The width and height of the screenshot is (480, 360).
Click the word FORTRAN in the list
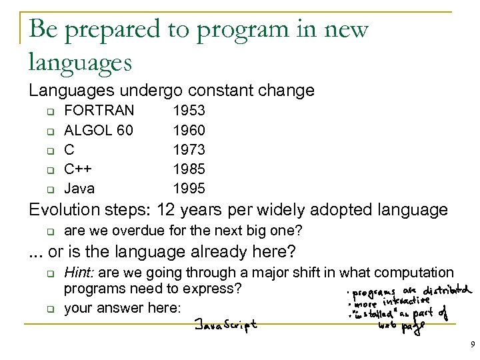pyautogui.click(x=99, y=109)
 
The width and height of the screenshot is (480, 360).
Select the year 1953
pyautogui.click(x=189, y=109)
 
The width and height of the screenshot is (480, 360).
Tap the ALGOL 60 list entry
pyautogui.click(x=97, y=129)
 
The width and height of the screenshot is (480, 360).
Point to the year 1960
pyautogui.click(x=189, y=129)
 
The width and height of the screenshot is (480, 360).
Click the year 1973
pyautogui.click(x=189, y=149)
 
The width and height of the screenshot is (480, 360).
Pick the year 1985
pyautogui.click(x=189, y=169)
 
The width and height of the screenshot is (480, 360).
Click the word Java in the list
pyautogui.click(x=79, y=188)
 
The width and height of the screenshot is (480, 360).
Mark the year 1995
pyautogui.click(x=189, y=188)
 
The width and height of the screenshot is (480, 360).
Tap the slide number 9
pyautogui.click(x=472, y=345)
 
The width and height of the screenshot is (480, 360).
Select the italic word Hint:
pyautogui.click(x=78, y=272)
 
